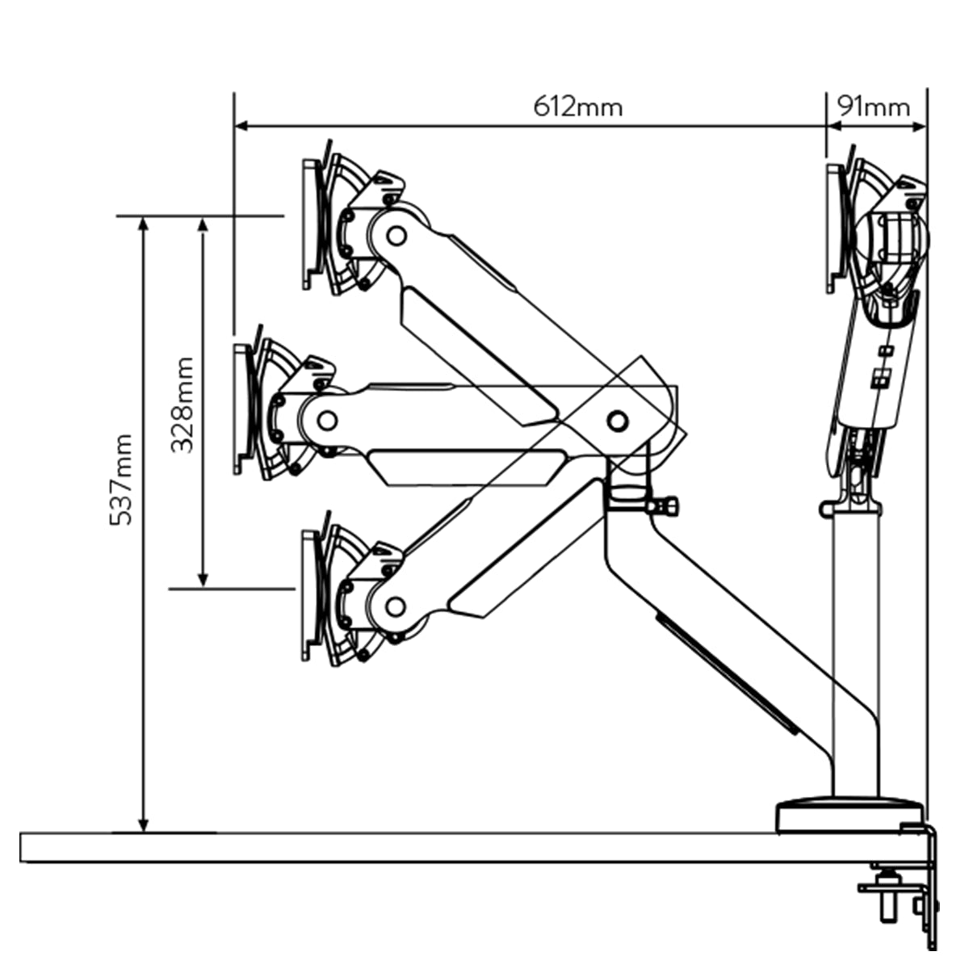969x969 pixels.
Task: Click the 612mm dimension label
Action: (577, 107)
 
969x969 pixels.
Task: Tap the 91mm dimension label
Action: (873, 107)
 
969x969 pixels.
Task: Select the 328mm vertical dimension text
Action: (183, 405)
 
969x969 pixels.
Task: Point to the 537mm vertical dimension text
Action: (121, 480)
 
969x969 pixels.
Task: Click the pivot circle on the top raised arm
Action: (396, 235)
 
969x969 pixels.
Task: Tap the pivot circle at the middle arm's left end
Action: (327, 420)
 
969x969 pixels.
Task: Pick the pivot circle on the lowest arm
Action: (396, 606)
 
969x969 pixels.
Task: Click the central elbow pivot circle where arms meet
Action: (617, 420)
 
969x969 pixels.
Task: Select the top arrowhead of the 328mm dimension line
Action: (203, 224)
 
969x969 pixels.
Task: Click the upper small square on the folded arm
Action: (886, 350)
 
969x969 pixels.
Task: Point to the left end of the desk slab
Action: (24, 847)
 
